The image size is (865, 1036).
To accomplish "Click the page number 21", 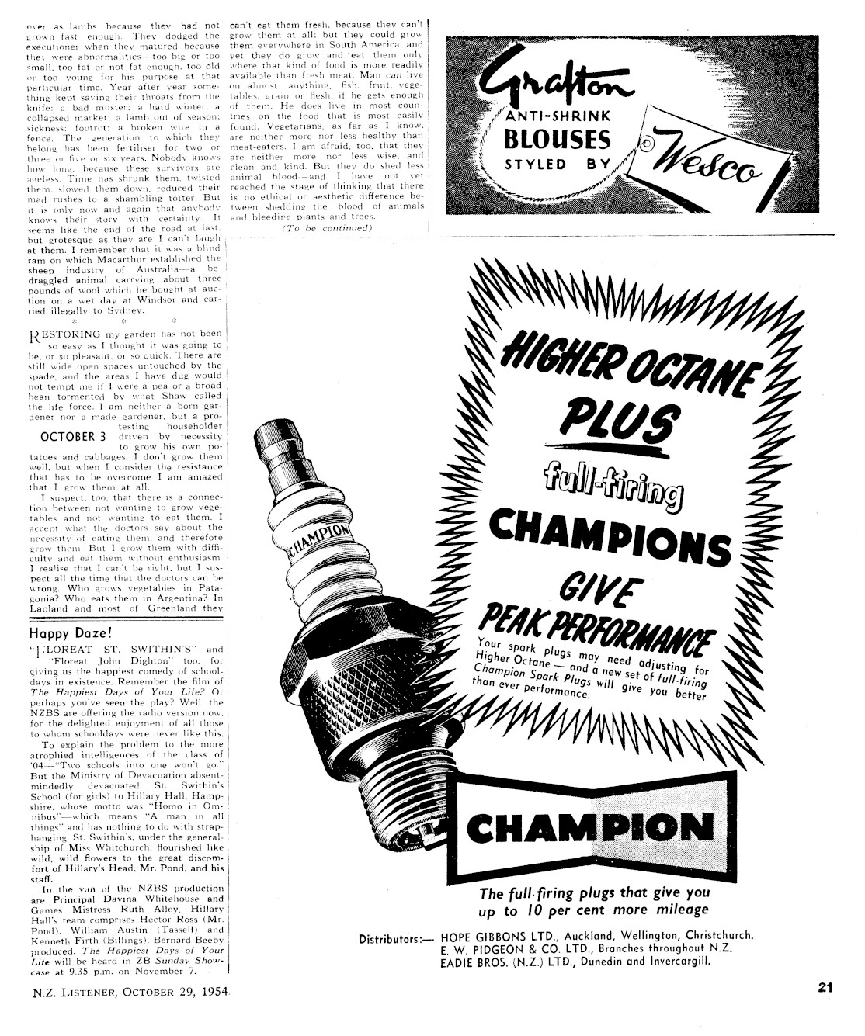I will coord(825,988).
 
